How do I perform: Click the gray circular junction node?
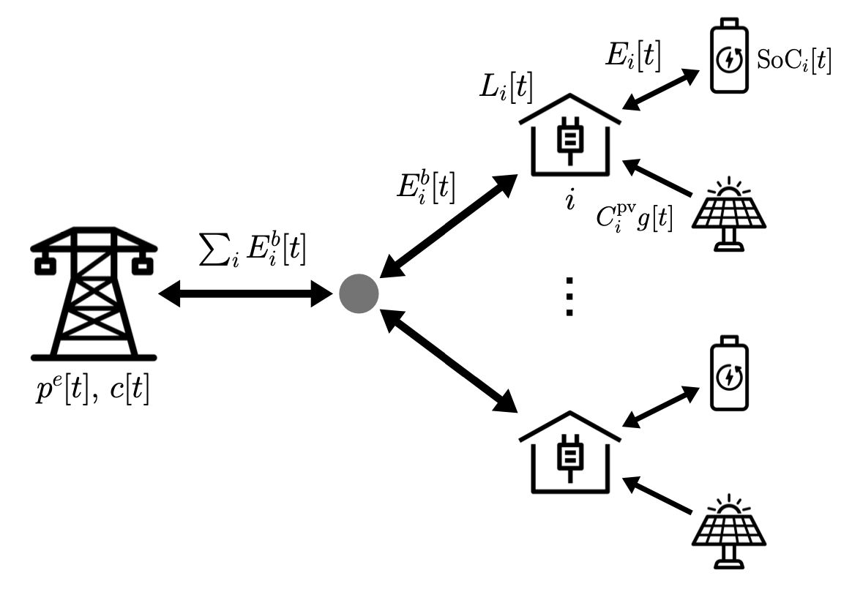359,295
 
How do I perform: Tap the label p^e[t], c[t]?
93,393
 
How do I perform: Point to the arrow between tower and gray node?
246,295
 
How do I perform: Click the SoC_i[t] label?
795,62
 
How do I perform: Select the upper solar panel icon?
728,216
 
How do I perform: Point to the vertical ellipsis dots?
569,297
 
